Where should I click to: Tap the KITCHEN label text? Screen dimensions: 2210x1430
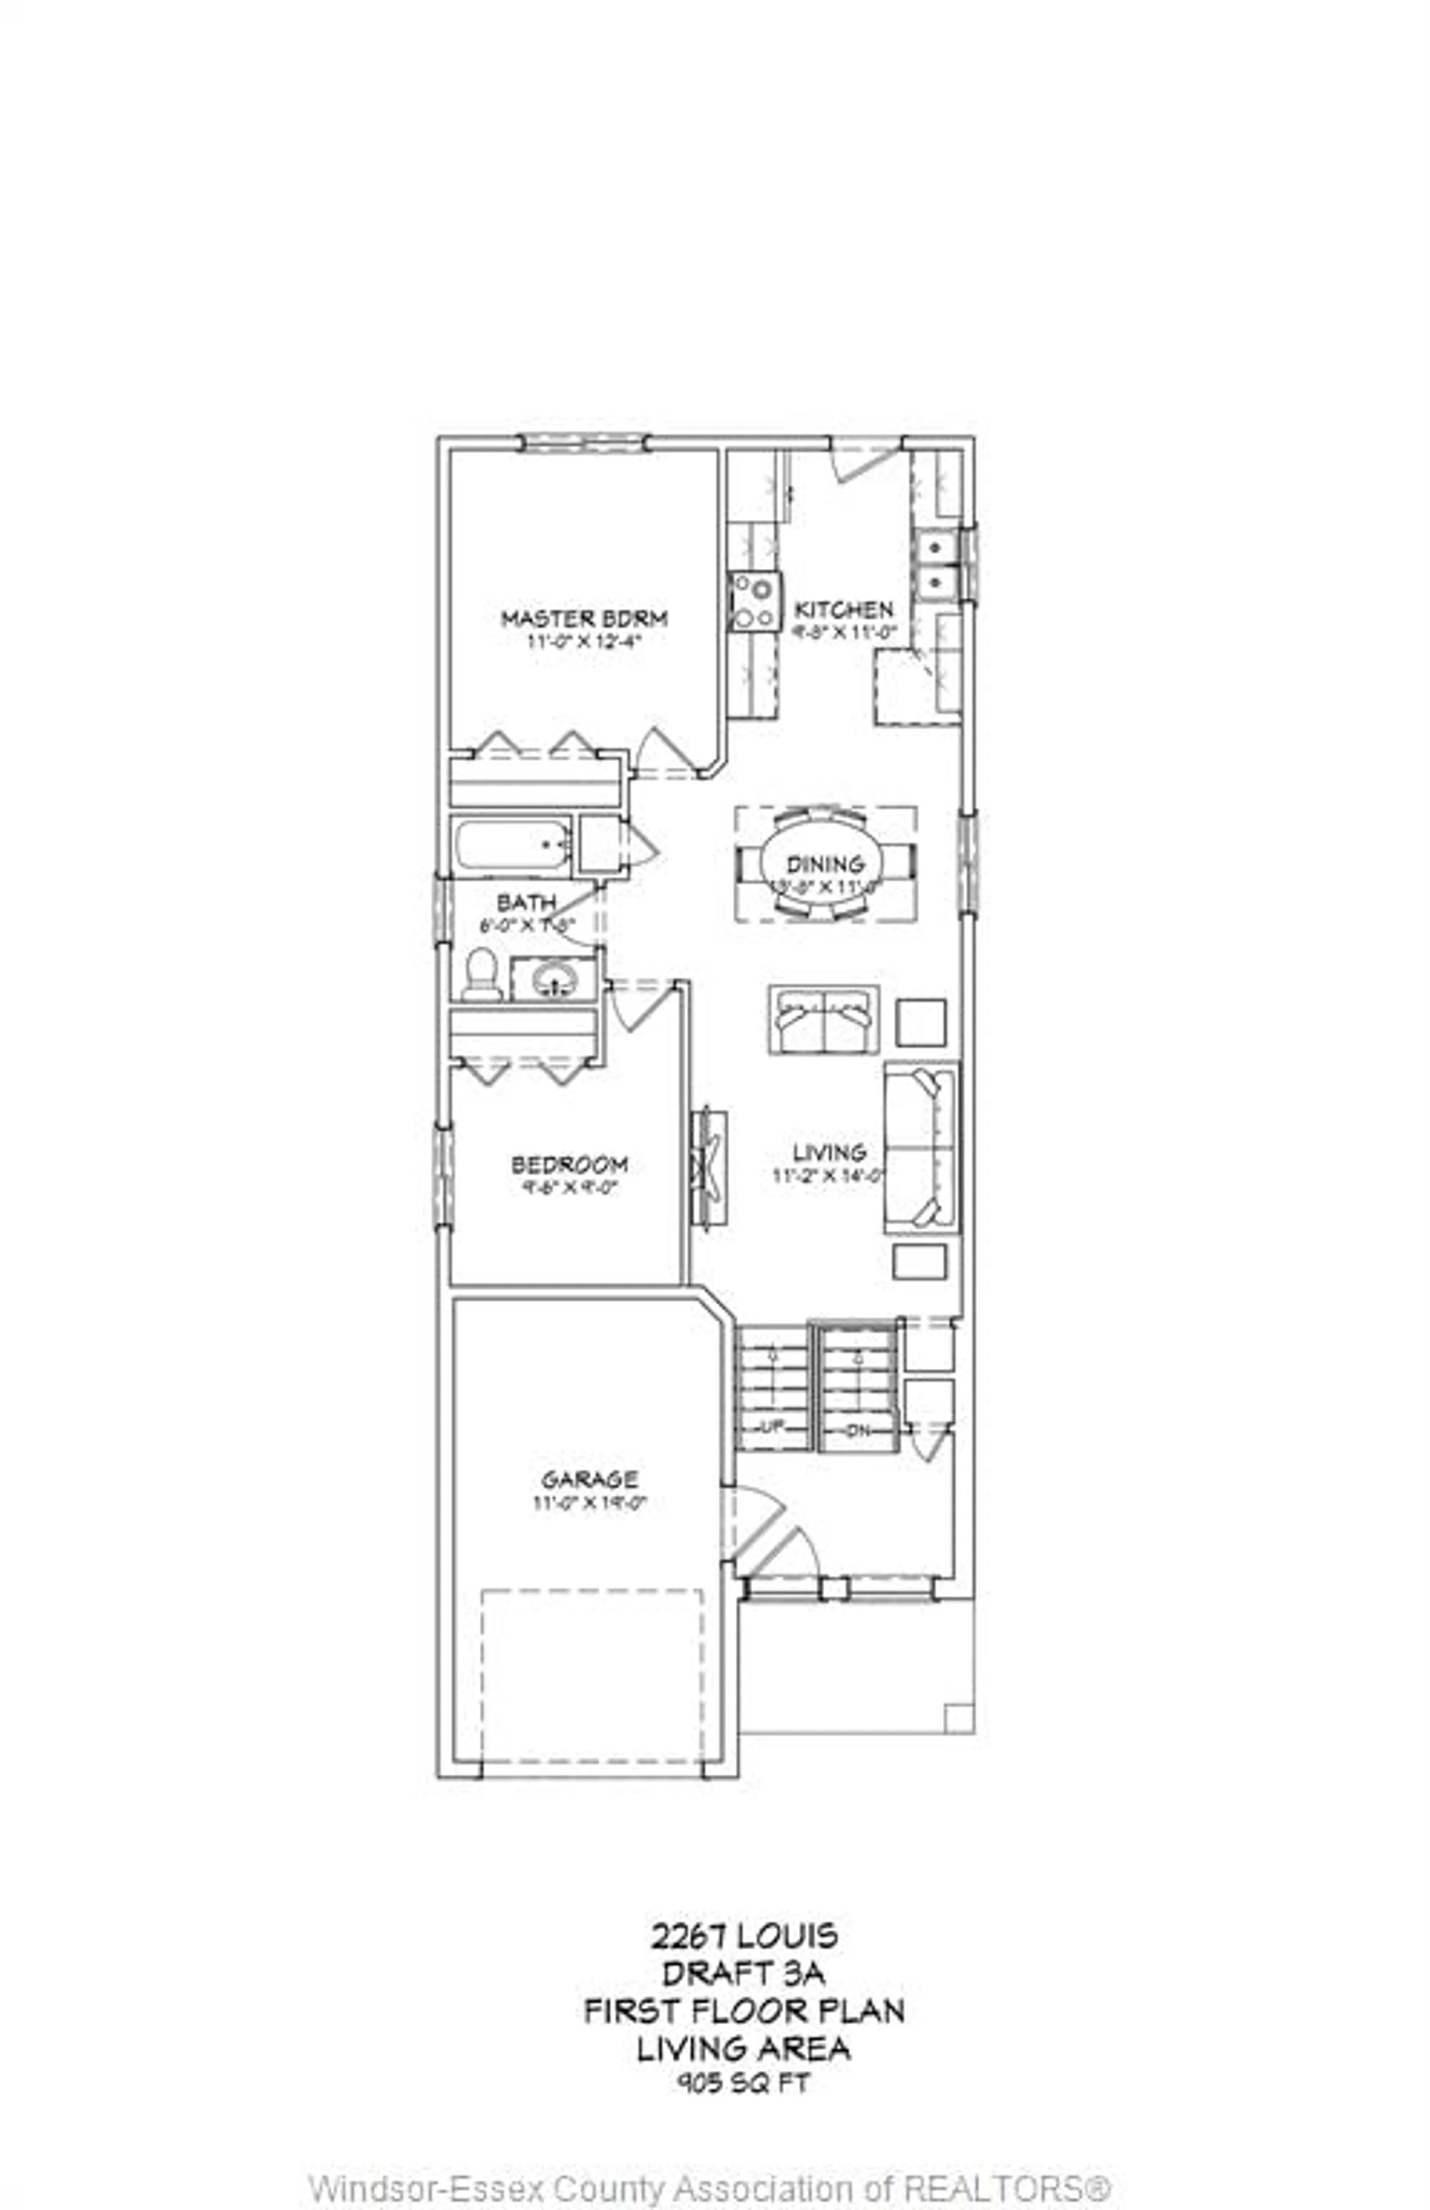click(x=844, y=610)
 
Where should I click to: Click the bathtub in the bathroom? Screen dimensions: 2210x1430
click(x=512, y=845)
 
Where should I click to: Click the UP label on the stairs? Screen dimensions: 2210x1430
click(x=771, y=1427)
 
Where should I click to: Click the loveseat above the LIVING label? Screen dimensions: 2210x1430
click(x=823, y=1020)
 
